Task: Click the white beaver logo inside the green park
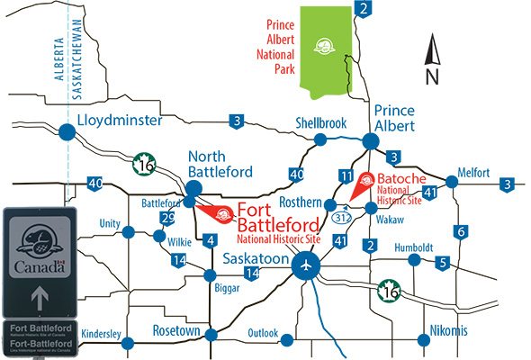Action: click(x=323, y=46)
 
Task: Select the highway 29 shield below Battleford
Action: click(x=166, y=219)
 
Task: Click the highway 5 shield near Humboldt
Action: click(x=442, y=263)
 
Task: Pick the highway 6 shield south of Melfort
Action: click(x=460, y=230)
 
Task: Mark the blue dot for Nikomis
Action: click(x=421, y=340)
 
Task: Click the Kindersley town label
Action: click(x=102, y=334)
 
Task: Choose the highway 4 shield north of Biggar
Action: click(x=211, y=240)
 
